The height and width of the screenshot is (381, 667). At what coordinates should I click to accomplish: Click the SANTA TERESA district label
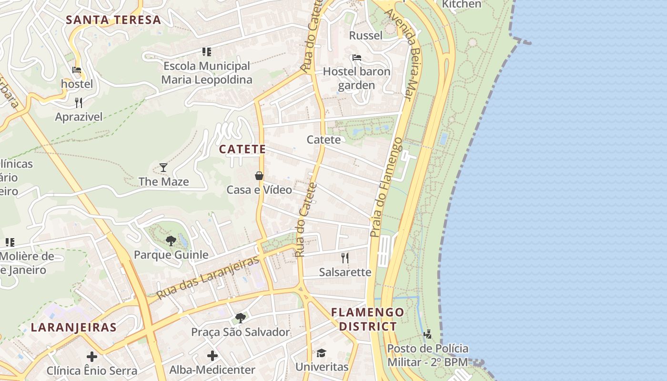click(x=113, y=20)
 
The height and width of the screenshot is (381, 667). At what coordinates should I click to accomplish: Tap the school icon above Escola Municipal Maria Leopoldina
click(x=206, y=51)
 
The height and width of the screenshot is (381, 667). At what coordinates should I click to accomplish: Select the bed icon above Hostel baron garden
click(x=356, y=58)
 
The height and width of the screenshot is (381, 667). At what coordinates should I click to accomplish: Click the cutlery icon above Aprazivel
click(x=79, y=102)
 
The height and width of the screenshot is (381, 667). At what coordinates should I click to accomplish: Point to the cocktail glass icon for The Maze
click(x=163, y=167)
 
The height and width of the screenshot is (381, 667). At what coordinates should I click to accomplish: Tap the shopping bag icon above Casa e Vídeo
click(x=259, y=176)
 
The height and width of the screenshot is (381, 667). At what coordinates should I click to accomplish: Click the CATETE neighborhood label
click(x=242, y=149)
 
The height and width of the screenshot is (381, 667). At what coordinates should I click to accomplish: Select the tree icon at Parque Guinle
click(x=171, y=241)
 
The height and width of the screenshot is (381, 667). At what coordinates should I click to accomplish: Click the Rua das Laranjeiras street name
click(x=208, y=277)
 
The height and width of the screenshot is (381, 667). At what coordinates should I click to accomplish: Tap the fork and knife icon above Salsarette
click(x=345, y=258)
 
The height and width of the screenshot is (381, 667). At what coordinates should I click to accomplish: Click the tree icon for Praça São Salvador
click(x=241, y=318)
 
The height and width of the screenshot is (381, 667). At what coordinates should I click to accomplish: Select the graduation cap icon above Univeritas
click(x=322, y=353)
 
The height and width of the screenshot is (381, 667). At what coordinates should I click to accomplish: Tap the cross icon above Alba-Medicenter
click(x=212, y=356)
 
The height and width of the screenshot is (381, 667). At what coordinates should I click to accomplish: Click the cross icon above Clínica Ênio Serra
click(x=92, y=356)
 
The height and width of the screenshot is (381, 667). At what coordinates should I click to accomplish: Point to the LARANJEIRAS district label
click(x=74, y=327)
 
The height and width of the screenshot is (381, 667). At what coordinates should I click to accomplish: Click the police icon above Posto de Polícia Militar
click(x=427, y=334)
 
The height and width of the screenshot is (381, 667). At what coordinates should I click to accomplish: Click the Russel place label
click(x=366, y=36)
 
